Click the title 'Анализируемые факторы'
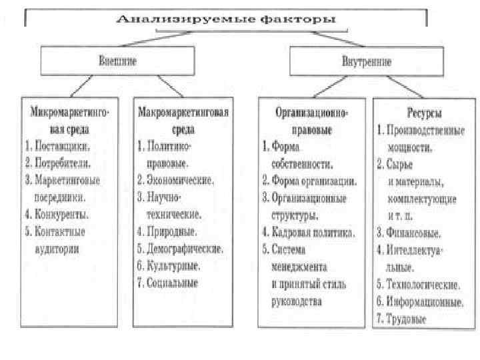tap(225, 19)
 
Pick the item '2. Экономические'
tap(175, 179)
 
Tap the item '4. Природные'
tap(167, 232)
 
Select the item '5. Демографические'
tap(180, 249)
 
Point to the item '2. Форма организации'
tap(309, 180)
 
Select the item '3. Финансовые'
tap(409, 233)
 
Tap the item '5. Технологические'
tap(417, 285)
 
